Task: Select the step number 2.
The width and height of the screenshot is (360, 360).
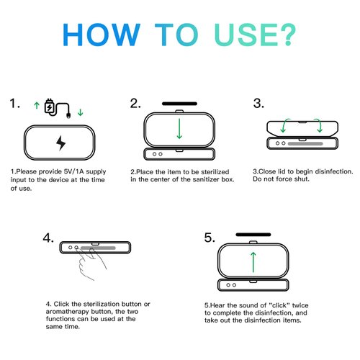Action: coord(135,104)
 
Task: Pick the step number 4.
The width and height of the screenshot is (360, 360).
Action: coord(48,238)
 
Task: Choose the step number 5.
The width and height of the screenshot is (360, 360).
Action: coord(209,238)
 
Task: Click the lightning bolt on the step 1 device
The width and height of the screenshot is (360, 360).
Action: coord(60,144)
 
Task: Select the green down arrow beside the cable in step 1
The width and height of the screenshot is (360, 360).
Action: coord(80,112)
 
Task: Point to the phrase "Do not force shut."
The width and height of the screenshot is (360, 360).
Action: coord(280,179)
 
